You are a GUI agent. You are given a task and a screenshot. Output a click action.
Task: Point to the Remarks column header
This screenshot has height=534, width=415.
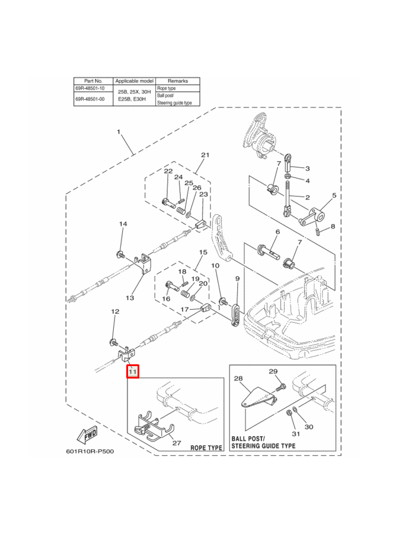pos(177,80)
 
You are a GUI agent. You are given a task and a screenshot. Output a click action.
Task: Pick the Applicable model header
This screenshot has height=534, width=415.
pos(134,80)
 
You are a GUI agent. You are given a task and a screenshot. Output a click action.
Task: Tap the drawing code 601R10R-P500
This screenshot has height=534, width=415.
pos(90,451)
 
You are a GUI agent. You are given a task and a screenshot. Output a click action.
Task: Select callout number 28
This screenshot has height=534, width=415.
pos(238,378)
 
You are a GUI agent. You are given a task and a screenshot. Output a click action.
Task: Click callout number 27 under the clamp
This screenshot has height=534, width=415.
pos(176,442)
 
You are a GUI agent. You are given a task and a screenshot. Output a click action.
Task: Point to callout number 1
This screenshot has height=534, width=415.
pos(118,131)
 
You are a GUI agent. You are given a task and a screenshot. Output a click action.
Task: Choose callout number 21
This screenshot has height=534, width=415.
pos(205,155)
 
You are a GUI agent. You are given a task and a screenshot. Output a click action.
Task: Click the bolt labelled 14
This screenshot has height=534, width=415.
pos(120,255)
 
